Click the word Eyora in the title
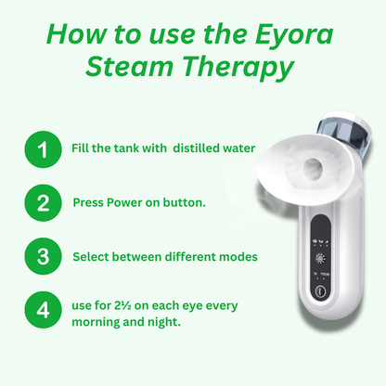coord(294,35)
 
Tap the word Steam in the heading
coord(129,67)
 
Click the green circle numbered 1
coord(43,149)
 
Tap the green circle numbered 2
coord(43,202)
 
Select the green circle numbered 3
coord(43,256)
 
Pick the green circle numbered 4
coord(43,310)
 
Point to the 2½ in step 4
coord(122,305)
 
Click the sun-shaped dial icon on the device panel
coord(320,259)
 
